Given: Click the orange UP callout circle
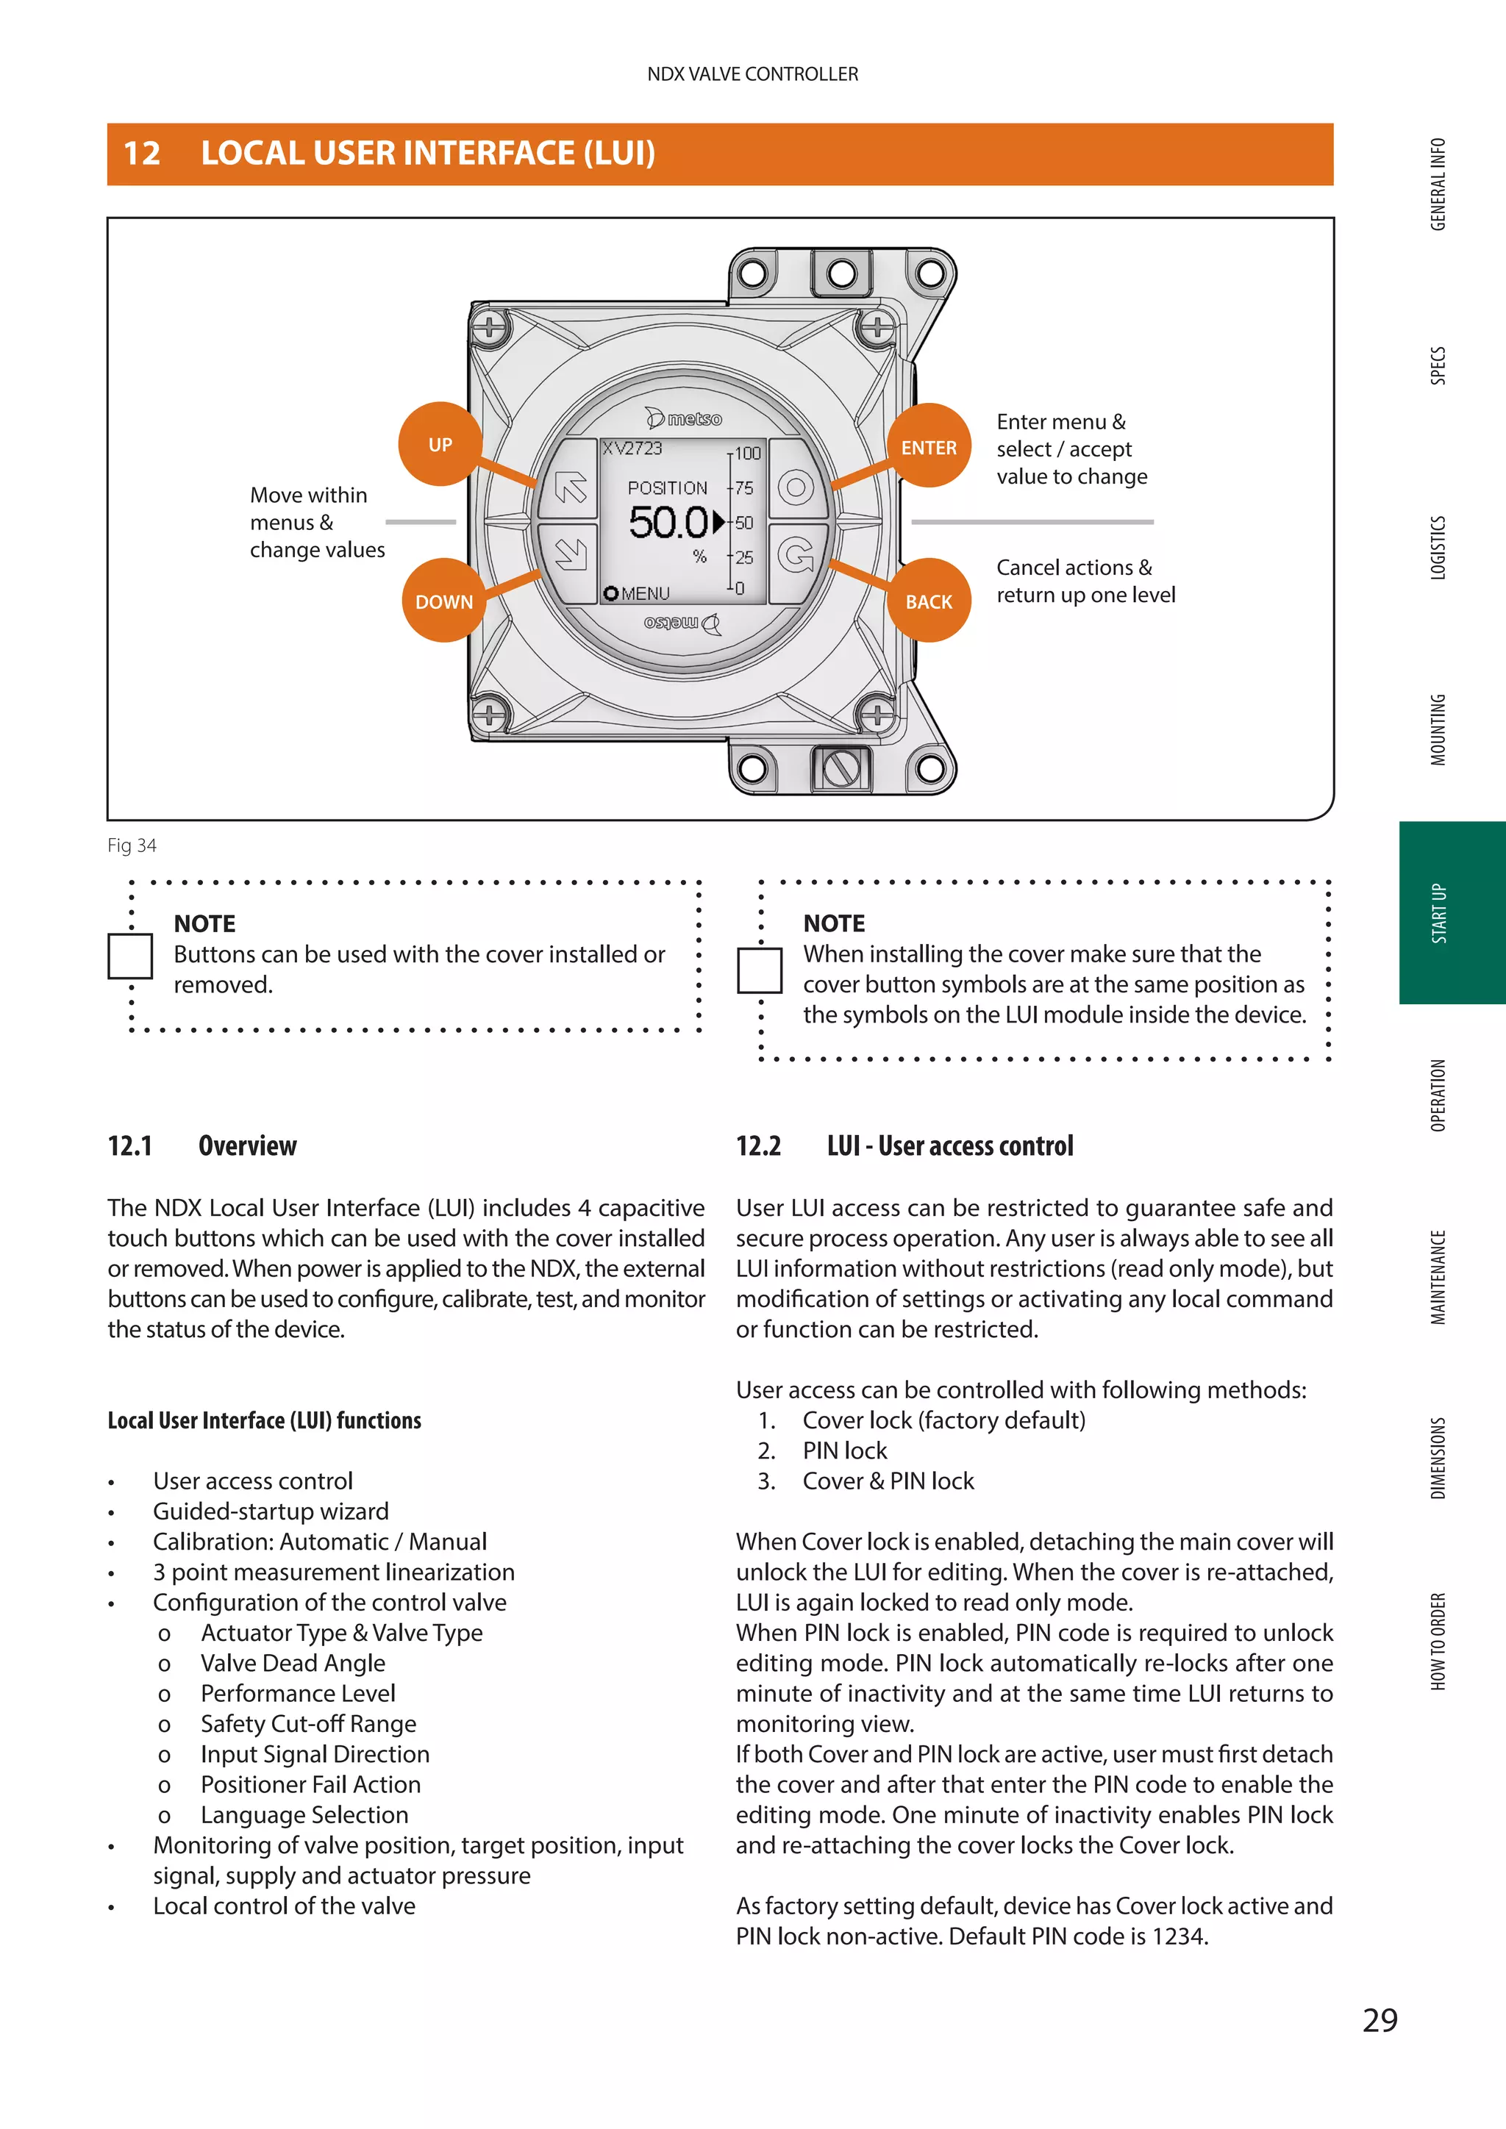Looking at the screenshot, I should pyautogui.click(x=440, y=444).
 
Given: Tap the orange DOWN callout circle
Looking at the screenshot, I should pyautogui.click(x=443, y=601).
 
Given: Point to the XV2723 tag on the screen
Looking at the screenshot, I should pyautogui.click(x=632, y=448).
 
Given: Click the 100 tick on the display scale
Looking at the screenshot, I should pyautogui.click(x=747, y=454).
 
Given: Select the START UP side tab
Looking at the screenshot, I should pyautogui.click(x=1439, y=912).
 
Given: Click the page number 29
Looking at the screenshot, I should pyautogui.click(x=1380, y=2019).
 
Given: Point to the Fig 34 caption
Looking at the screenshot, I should pyautogui.click(x=132, y=845).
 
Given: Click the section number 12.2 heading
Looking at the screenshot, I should pyautogui.click(x=759, y=1146).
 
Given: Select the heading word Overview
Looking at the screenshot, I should pyautogui.click(x=248, y=1146).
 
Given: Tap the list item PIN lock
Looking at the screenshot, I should pyautogui.click(x=845, y=1450).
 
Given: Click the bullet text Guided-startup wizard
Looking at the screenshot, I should pyautogui.click(x=271, y=1511).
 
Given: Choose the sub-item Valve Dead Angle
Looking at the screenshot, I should pyautogui.click(x=293, y=1664).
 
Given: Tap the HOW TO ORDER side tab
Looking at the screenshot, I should pyautogui.click(x=1438, y=1642).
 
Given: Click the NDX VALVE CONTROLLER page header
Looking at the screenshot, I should pyautogui.click(x=752, y=74).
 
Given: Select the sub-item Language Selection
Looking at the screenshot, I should pyautogui.click(x=304, y=1814).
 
